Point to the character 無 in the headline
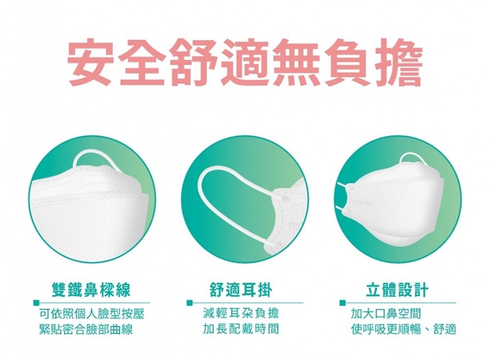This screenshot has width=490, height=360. pos(295,62)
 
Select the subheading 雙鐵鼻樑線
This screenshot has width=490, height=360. pos(91,290)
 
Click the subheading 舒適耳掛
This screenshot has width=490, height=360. pos(241,290)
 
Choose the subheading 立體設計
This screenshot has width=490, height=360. pos(397,290)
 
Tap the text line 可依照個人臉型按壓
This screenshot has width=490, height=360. pos(92,314)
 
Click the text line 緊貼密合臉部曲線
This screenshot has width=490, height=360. pos(86,330)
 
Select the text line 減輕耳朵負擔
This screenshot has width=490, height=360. pos(241,313)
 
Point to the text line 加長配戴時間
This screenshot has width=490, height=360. pos(241,329)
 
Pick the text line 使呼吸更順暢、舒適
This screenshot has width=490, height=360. pos(404,329)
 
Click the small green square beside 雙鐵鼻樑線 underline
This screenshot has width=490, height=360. pos(37,303)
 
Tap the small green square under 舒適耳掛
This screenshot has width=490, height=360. pos(189,303)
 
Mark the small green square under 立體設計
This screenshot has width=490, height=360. pos(343,303)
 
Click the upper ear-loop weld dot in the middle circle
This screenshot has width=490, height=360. pos(284,199)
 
